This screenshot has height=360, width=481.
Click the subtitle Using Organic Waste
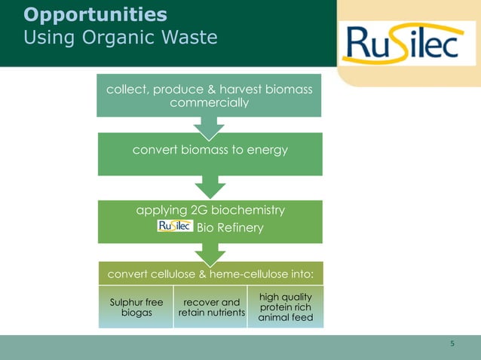click(x=121, y=37)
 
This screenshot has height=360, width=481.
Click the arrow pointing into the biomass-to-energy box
click(x=210, y=127)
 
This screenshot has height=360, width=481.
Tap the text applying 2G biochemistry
click(x=210, y=210)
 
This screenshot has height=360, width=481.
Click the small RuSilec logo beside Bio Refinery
click(x=175, y=227)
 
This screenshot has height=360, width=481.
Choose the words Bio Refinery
click(x=230, y=227)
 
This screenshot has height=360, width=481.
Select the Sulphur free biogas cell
click(x=136, y=307)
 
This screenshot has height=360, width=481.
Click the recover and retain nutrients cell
click(x=211, y=307)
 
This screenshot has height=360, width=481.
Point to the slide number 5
click(x=452, y=344)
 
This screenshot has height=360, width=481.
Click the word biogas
click(x=136, y=313)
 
